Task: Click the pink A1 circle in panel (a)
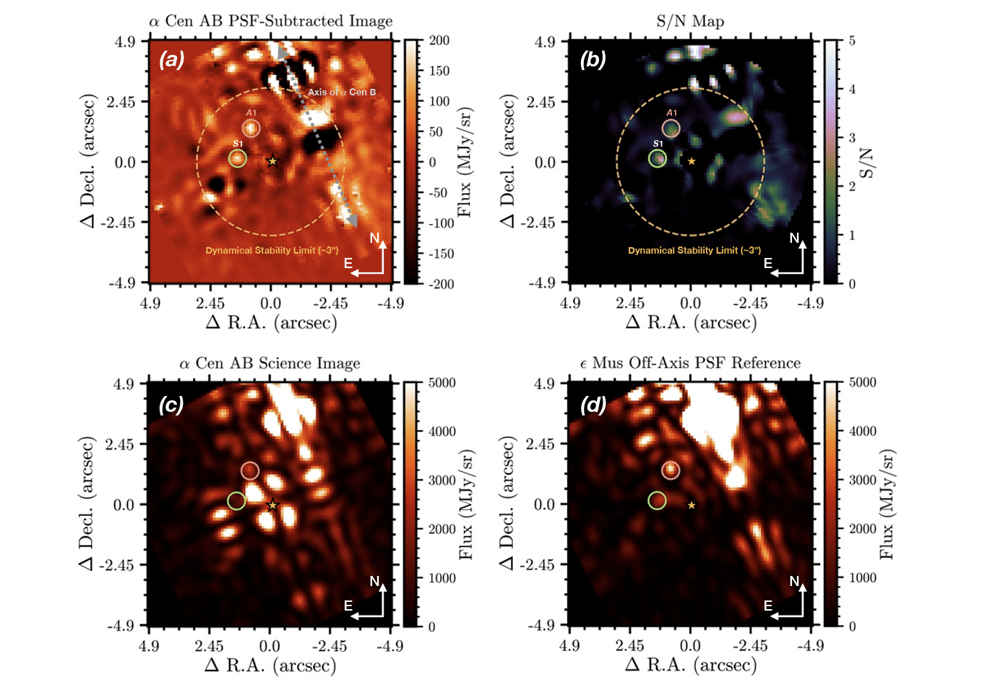(x=251, y=128)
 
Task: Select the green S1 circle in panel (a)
(x=238, y=158)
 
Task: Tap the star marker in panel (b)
(x=692, y=161)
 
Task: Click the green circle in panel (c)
(x=236, y=500)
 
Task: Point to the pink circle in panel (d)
(x=671, y=470)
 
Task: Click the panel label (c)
(x=171, y=405)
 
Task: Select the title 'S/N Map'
(x=690, y=21)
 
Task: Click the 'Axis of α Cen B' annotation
(x=342, y=92)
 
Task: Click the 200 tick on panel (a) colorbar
(x=439, y=40)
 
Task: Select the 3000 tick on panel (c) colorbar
(x=442, y=480)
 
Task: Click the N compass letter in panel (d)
(x=794, y=581)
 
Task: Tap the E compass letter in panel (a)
(x=348, y=263)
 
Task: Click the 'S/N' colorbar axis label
(x=866, y=163)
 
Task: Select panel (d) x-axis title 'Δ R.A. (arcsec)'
(x=691, y=665)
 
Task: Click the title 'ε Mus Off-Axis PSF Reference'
(x=690, y=363)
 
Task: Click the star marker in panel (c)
(x=272, y=505)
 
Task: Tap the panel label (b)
(x=593, y=60)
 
